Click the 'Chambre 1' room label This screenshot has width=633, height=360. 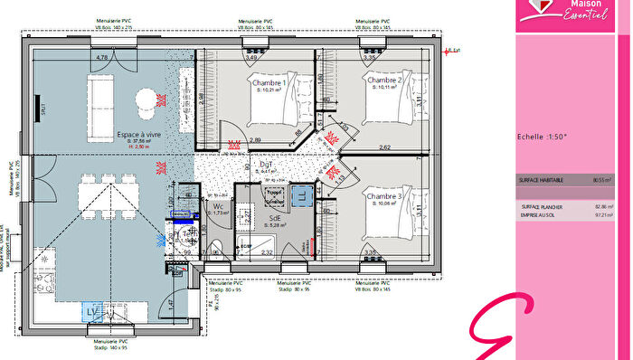269,81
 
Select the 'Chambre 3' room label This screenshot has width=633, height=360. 383,194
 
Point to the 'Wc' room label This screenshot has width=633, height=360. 218,207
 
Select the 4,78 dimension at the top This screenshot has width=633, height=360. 102,58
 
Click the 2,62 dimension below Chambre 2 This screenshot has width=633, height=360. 384,147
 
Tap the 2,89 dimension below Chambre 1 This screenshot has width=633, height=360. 256,140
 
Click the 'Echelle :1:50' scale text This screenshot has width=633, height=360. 541,137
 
